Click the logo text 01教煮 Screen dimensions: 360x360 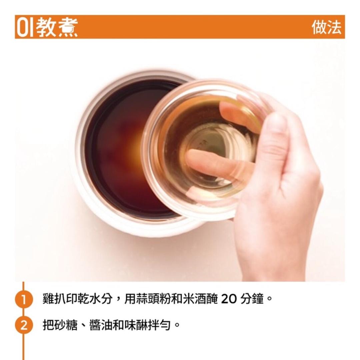tap(47, 27)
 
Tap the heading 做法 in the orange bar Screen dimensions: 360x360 tap(327, 27)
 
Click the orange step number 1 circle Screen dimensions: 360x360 tap(24, 299)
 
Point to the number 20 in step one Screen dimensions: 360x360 tap(229, 299)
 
